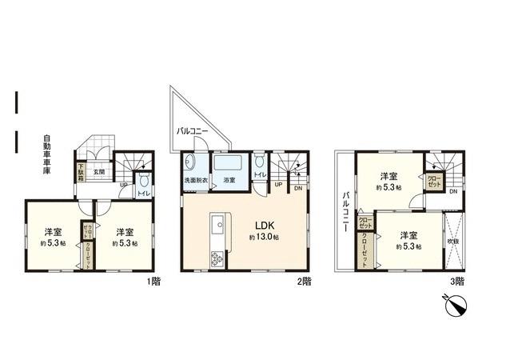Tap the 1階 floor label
tap(152, 281)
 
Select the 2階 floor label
tap(305, 281)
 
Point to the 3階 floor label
tap(456, 281)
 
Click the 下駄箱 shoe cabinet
tap(81, 172)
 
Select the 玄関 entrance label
tap(98, 170)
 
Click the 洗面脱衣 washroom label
tap(196, 182)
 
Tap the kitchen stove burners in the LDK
tap(215, 258)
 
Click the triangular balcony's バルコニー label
tap(193, 130)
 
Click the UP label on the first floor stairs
tap(122, 187)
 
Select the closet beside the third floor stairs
tap(433, 181)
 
